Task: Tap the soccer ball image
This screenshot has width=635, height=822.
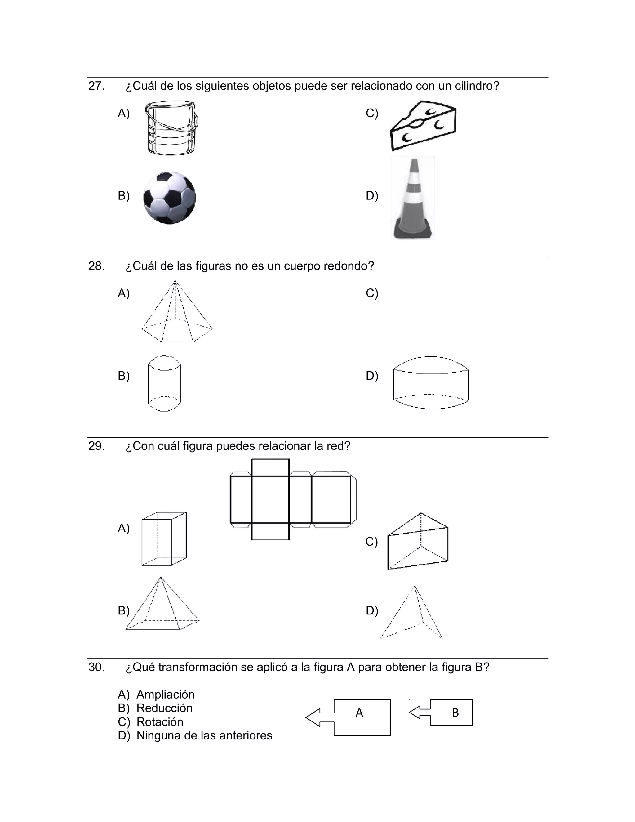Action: click(x=170, y=198)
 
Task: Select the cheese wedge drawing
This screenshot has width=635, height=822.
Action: click(x=423, y=125)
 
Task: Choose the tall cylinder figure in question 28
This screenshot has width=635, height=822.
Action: click(x=164, y=383)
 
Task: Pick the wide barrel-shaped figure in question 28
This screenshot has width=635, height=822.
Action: click(x=431, y=382)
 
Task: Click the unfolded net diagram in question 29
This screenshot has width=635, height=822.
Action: click(x=293, y=499)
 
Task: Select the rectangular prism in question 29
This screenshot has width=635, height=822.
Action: click(x=164, y=538)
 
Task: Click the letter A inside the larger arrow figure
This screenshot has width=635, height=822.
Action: click(x=359, y=713)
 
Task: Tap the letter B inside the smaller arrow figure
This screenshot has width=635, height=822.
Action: click(x=455, y=713)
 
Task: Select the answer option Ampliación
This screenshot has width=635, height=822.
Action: click(x=165, y=695)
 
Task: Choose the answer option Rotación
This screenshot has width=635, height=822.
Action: click(x=159, y=722)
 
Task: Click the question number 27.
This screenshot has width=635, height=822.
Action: click(x=96, y=86)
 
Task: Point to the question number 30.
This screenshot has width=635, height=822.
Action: click(x=96, y=667)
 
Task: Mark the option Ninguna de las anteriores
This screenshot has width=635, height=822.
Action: click(x=204, y=735)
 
